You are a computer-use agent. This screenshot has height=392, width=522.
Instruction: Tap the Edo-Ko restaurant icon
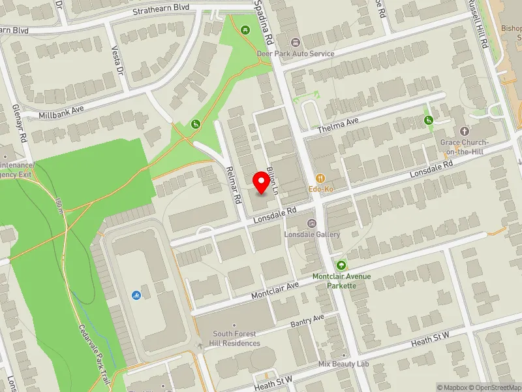coord(320,178)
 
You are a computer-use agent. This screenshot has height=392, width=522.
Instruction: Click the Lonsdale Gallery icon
coord(311,223)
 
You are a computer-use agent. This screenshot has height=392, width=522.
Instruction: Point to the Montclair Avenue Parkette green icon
coord(341,265)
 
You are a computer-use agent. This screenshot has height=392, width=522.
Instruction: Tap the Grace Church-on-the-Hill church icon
coord(465,131)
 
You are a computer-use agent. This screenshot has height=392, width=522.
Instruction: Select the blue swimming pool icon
coord(136,295)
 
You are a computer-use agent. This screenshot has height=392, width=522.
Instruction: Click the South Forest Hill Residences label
coord(236,339)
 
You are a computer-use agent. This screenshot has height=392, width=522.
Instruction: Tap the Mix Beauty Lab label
coord(344,364)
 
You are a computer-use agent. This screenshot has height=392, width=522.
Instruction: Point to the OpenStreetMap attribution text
coord(495,387)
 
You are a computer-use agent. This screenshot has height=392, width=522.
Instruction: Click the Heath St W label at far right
coord(430,338)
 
